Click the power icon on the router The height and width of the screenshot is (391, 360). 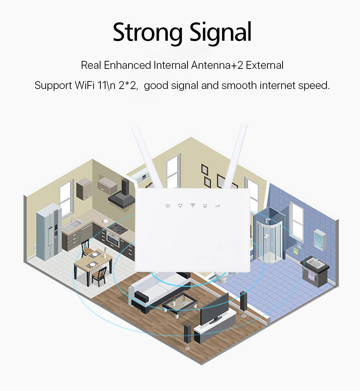point(167,206)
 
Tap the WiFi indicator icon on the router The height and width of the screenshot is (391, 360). point(193,205)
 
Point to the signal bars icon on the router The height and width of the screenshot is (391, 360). point(217,206)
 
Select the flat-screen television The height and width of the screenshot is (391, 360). point(214,309)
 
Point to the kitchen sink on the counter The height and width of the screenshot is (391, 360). point(73,225)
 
